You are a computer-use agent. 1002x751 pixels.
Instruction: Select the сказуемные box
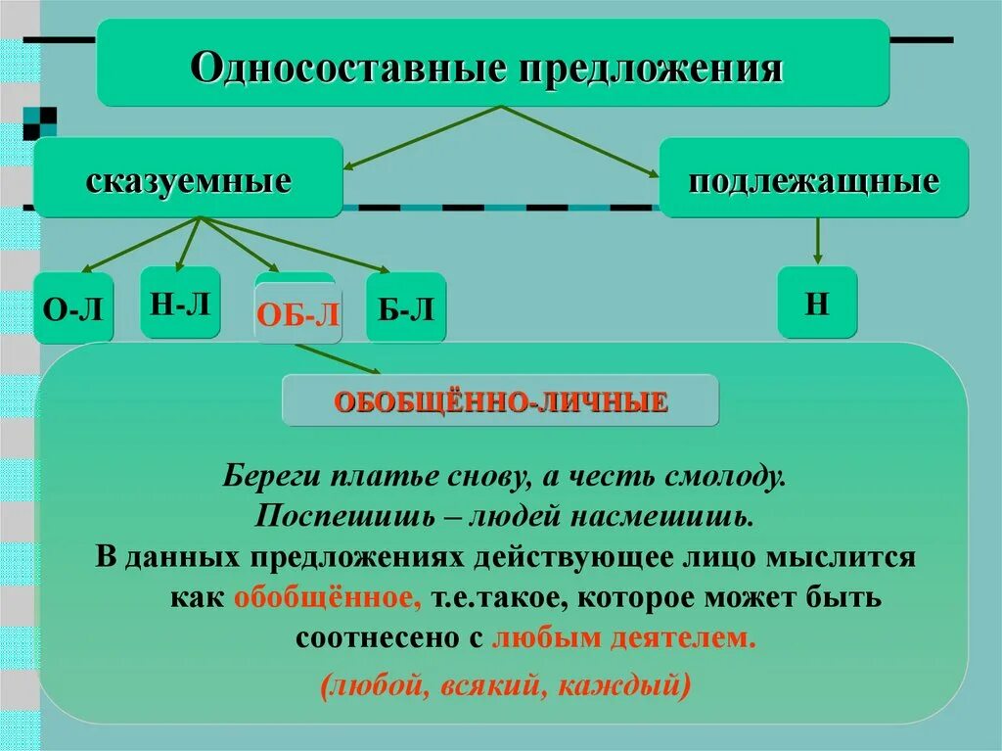click(x=188, y=179)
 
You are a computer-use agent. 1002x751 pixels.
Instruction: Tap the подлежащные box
click(x=813, y=179)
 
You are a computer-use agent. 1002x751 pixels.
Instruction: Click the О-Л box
click(x=73, y=309)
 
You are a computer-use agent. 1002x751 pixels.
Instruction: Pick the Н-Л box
click(x=180, y=304)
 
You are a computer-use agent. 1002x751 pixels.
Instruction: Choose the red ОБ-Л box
click(x=298, y=315)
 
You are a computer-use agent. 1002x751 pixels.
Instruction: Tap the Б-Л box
click(x=406, y=309)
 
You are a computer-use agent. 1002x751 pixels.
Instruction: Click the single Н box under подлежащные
click(x=817, y=303)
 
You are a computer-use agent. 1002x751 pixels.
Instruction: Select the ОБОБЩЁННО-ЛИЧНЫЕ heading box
click(x=500, y=400)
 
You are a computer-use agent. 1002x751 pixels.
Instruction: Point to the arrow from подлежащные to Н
click(x=817, y=241)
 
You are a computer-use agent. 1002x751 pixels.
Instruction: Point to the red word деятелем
click(x=697, y=637)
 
